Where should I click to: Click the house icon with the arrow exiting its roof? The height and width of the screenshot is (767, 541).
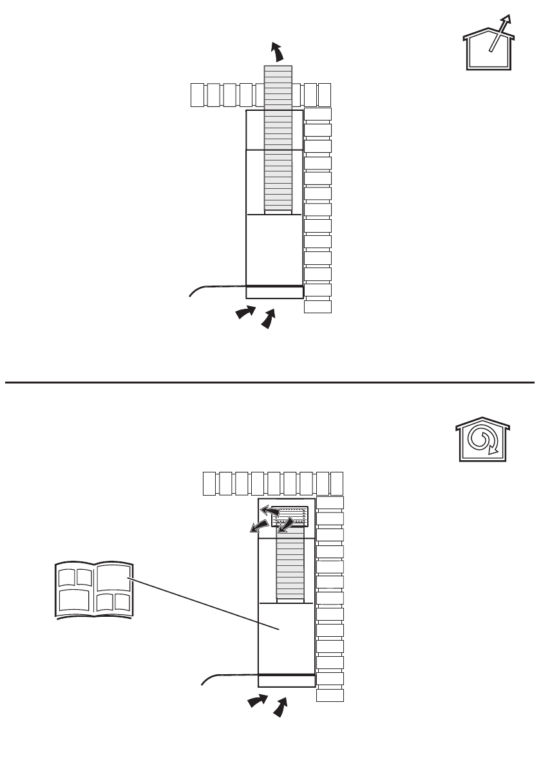(x=488, y=46)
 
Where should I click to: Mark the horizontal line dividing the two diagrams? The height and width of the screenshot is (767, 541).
(x=270, y=382)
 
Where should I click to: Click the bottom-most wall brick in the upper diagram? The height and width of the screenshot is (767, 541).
(x=318, y=306)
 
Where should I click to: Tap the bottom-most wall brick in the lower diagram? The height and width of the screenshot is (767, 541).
(x=330, y=695)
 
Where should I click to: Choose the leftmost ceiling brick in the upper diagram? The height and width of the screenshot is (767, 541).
(x=198, y=95)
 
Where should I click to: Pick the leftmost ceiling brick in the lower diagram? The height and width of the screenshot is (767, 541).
(x=209, y=483)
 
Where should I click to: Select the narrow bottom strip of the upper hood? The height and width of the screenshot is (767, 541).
(x=274, y=293)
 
